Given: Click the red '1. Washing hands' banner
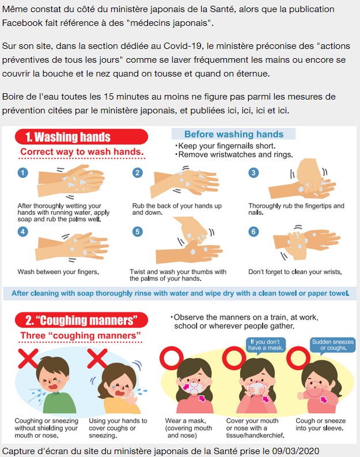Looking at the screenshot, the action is (x=81, y=136).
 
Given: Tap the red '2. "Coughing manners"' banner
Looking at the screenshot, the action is (x=81, y=320).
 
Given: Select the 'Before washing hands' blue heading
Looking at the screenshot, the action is (x=233, y=134).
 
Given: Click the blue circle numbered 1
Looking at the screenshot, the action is (x=23, y=173).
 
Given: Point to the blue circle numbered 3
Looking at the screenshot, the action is (x=253, y=173).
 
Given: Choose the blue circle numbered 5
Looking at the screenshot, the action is (x=138, y=232).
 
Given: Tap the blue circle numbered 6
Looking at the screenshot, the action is (x=253, y=232).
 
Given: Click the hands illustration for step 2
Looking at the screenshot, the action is (x=184, y=182).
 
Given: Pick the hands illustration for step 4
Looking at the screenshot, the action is (x=72, y=246).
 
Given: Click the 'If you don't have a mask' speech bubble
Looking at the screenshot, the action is (x=266, y=345).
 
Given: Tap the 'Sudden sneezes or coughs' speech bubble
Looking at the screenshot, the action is (x=332, y=345).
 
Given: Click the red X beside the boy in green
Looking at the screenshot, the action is (x=28, y=359).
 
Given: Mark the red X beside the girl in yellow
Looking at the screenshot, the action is (x=97, y=359).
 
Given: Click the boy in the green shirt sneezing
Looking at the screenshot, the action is (x=55, y=384).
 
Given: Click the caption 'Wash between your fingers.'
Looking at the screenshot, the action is (x=58, y=272).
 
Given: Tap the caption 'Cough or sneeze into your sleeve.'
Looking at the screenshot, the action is (x=320, y=424).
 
